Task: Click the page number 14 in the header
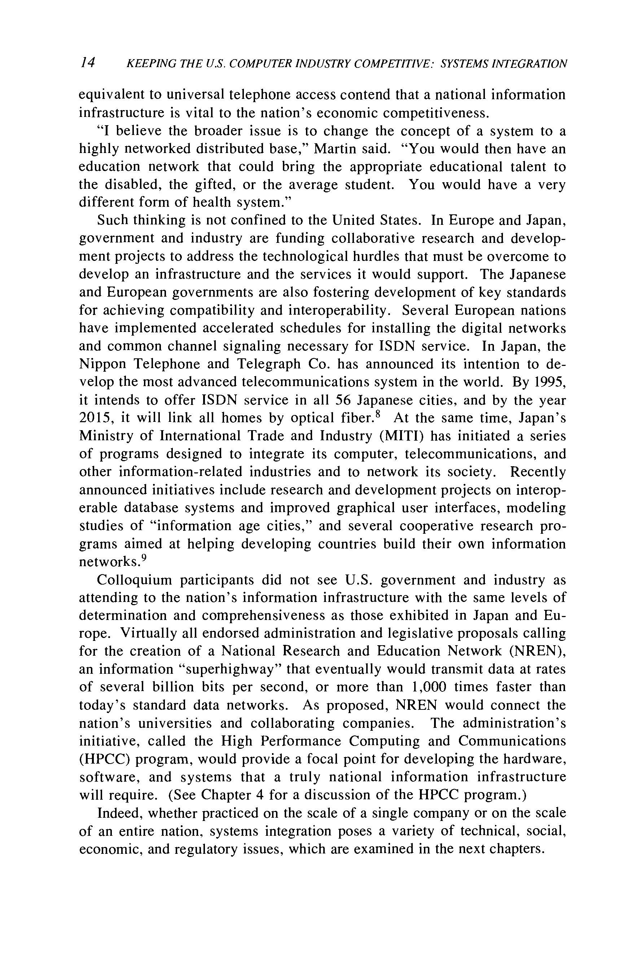88,62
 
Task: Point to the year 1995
550,382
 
